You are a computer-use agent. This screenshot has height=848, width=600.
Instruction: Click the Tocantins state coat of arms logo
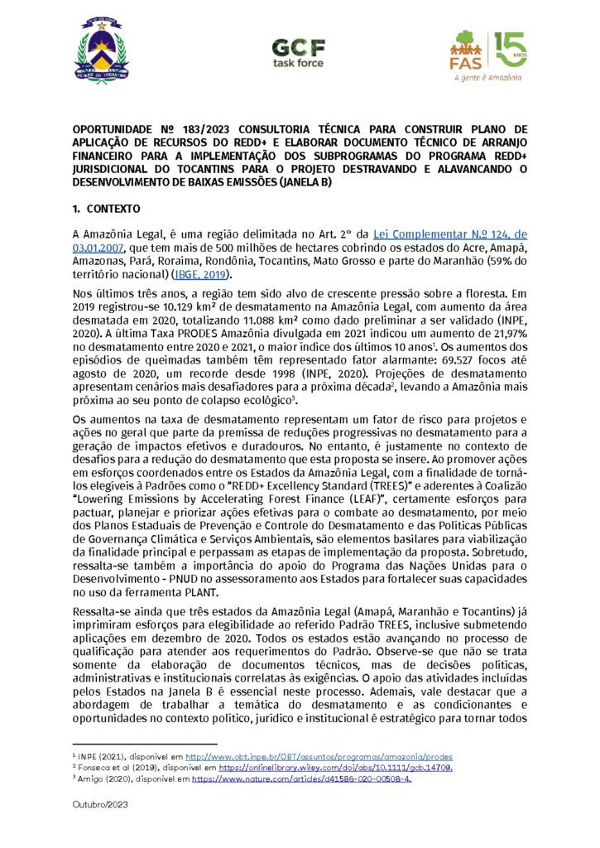(103, 51)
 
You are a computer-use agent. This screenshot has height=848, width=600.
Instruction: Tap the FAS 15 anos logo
(487, 55)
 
